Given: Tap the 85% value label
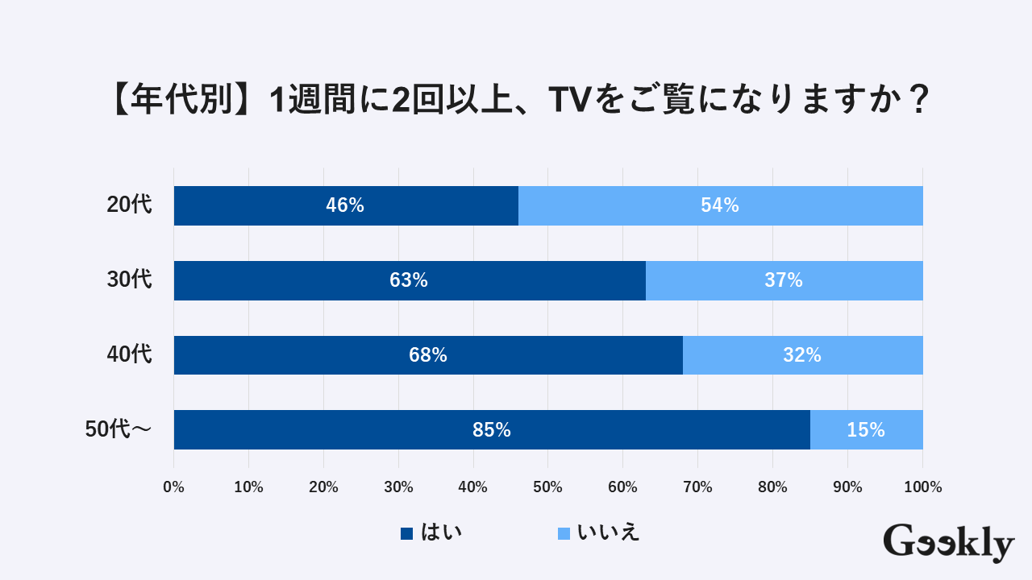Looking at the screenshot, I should pos(492,430).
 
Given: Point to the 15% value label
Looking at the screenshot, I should pos(866,430).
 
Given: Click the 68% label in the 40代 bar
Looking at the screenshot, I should pos(428,355).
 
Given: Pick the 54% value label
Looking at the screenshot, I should pos(720,205).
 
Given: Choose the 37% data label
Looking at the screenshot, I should pos(784,280).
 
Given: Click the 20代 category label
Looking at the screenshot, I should pos(129,205).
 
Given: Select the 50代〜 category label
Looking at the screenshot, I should pos(118,430).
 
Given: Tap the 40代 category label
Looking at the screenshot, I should pos(129,355).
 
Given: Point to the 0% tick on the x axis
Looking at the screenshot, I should pos(173,487).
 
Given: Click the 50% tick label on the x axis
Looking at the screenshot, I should pos(547,487).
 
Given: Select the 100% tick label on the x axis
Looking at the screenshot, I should pos(923,487).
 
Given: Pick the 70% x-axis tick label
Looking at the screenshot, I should pos(697,487).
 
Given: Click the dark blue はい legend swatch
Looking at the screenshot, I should pos(407,533).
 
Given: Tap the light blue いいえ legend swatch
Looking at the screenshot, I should pos(564,533).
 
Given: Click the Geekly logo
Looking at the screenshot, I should pos(948,543).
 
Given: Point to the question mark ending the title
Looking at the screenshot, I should pos(914,101).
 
